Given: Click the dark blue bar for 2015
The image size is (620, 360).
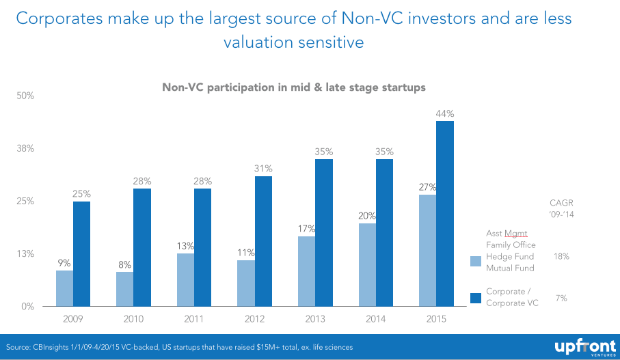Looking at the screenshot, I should [445, 213].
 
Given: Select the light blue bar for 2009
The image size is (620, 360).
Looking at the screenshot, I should [64, 288].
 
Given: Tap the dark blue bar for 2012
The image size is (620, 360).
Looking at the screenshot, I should [263, 241].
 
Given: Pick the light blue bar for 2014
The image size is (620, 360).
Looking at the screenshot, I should [367, 264].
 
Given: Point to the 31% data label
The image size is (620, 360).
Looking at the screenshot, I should [264, 169].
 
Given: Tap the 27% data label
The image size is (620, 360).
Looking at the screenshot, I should [428, 186].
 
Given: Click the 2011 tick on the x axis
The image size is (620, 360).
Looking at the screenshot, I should [193, 318].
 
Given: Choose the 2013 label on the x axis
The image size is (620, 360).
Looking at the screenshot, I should [315, 318].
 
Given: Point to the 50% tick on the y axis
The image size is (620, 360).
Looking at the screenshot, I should [25, 96].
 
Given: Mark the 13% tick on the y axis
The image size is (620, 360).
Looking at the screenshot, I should [25, 253].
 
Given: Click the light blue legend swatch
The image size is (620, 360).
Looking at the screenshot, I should [476, 261].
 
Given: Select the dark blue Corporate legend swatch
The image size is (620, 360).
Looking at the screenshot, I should [476, 298].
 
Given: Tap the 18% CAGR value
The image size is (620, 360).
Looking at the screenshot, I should [561, 256].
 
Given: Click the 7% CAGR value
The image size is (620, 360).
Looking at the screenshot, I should [561, 298].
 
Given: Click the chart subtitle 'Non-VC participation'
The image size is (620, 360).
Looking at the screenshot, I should [294, 87].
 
